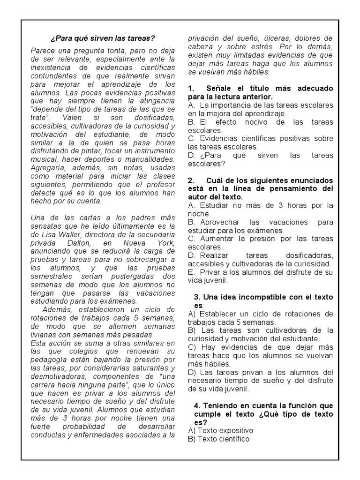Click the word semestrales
click(53, 277)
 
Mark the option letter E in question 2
click(190, 272)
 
